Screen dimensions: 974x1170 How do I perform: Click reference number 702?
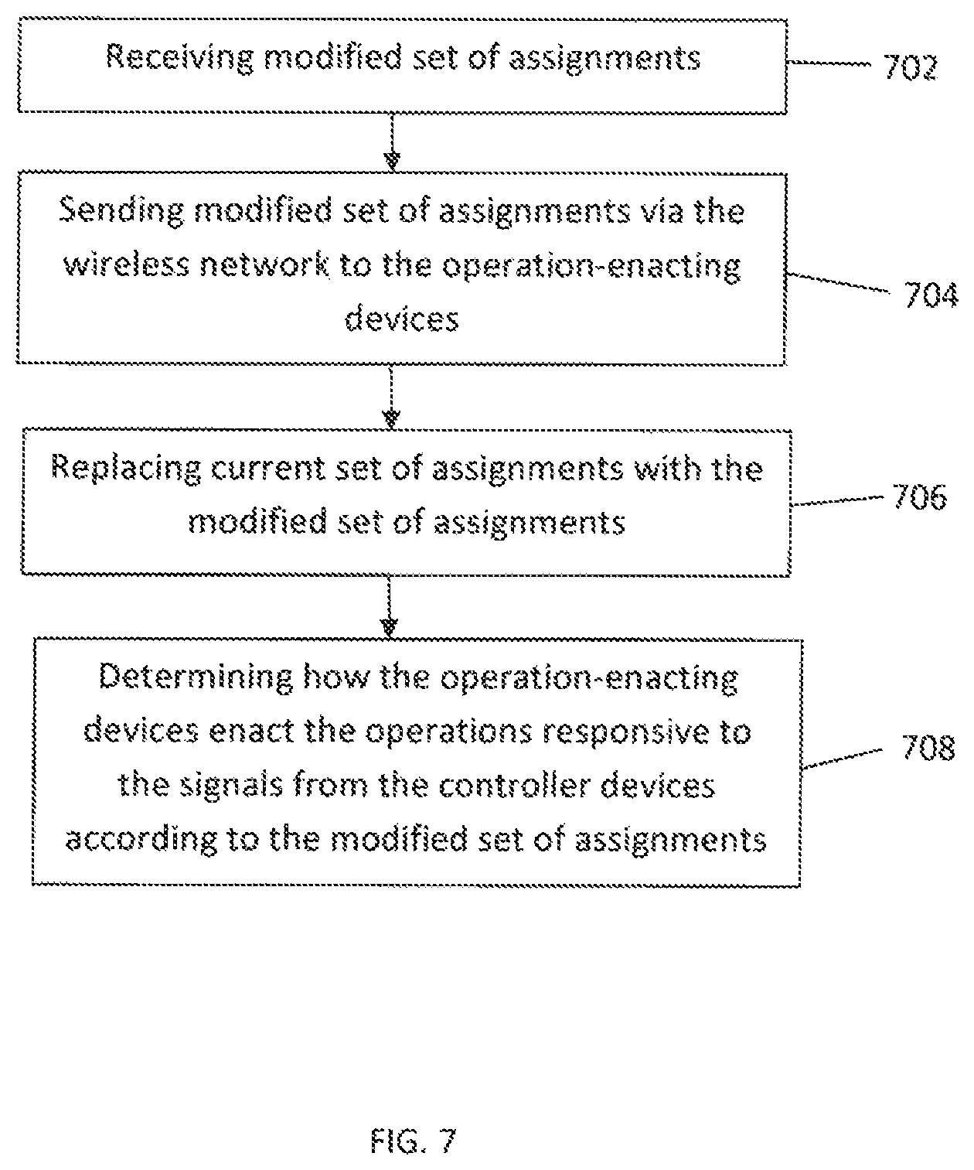[x=910, y=67]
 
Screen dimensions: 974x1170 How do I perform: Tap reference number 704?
[x=931, y=295]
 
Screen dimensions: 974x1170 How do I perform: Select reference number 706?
[x=920, y=497]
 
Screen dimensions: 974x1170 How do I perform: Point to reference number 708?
[x=928, y=748]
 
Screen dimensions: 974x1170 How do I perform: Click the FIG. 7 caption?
[x=414, y=1141]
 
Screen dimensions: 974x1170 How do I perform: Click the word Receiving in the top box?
[x=179, y=58]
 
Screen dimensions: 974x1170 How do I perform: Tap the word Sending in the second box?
[x=121, y=211]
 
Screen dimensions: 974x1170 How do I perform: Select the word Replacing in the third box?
[x=126, y=469]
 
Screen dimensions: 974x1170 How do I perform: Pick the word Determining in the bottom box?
[x=196, y=678]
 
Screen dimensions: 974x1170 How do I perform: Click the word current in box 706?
[x=267, y=469]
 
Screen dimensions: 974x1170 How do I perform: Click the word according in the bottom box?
[x=141, y=841]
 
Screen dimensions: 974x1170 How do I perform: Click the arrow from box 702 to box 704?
[x=393, y=142]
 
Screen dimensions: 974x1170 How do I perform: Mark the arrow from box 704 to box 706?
[x=391, y=396]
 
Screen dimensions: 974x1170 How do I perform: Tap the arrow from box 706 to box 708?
[x=389, y=606]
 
